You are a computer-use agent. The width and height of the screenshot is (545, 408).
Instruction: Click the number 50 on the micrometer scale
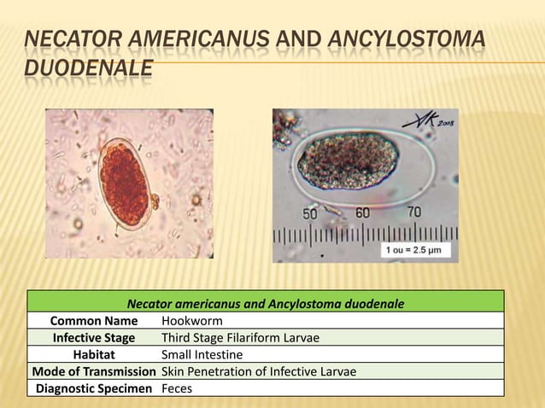click(309, 213)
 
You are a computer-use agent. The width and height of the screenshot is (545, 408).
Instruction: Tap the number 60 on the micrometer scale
click(361, 212)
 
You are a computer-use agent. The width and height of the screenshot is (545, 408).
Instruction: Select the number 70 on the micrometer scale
click(413, 211)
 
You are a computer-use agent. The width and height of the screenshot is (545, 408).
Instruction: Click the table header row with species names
click(265, 303)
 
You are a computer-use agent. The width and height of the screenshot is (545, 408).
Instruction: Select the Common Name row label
click(93, 321)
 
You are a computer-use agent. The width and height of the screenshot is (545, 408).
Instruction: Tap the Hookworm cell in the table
click(191, 321)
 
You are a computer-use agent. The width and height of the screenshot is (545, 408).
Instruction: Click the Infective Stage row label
click(93, 338)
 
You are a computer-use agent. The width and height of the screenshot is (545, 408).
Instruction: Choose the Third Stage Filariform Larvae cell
click(240, 338)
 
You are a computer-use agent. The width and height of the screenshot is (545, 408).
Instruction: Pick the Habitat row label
click(93, 354)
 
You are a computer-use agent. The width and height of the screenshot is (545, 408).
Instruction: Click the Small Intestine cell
click(202, 354)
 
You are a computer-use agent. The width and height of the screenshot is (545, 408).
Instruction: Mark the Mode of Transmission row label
click(93, 371)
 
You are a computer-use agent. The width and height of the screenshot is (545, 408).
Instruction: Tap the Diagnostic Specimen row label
click(93, 388)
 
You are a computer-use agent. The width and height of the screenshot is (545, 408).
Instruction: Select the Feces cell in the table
click(177, 388)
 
